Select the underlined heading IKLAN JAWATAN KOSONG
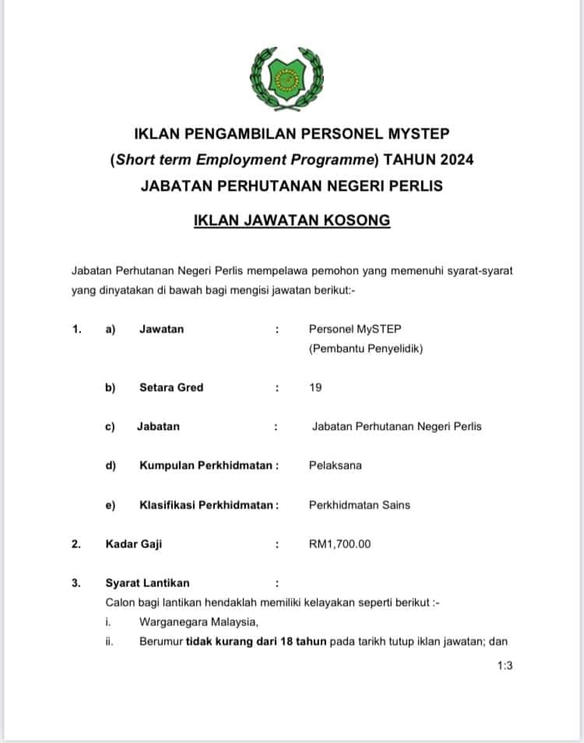tap(292, 220)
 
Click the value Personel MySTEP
tap(355, 329)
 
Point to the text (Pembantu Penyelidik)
tap(366, 349)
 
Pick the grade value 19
tap(315, 387)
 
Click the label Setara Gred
tap(171, 387)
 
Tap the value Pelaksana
tap(335, 466)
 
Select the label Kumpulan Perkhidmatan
tap(207, 466)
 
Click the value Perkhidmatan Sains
tap(360, 505)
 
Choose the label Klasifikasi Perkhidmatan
tap(207, 505)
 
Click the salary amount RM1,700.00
tap(340, 544)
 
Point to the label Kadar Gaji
tap(134, 544)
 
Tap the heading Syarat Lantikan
tap(147, 583)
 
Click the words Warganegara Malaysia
tap(199, 622)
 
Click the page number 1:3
tap(505, 666)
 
